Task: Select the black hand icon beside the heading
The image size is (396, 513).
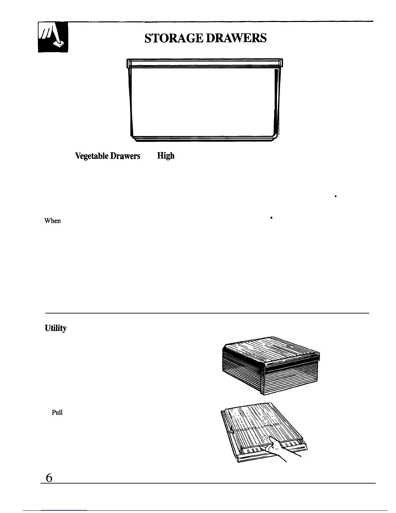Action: (x=53, y=37)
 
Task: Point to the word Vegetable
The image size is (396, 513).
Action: (x=92, y=156)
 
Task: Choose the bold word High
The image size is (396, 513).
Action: (x=166, y=156)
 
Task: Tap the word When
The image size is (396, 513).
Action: (x=52, y=221)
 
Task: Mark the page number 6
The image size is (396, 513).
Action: (x=49, y=478)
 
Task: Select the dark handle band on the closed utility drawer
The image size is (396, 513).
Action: (x=291, y=367)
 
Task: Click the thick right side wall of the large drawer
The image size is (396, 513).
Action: (x=276, y=100)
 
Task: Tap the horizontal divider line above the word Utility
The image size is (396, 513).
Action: (x=207, y=313)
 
